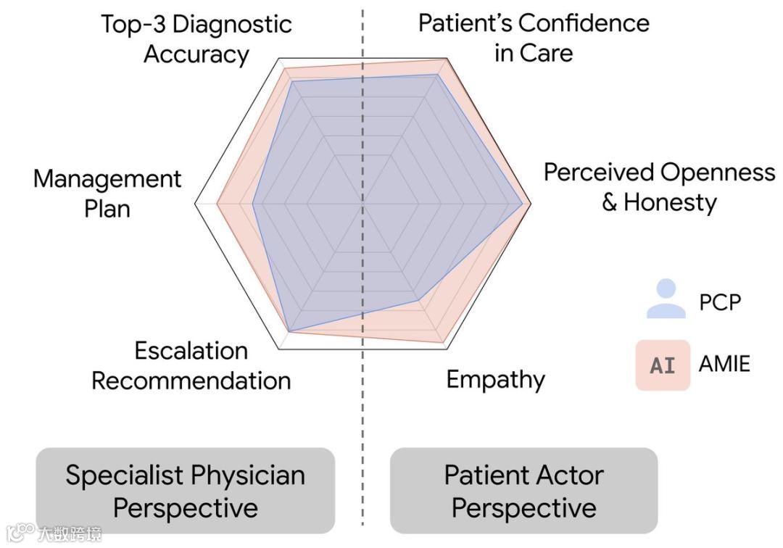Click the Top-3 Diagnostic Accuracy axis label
tap(196, 39)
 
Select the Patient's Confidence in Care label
tap(534, 38)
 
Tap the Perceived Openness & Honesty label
tap(659, 187)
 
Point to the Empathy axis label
tap(495, 379)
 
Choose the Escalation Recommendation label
tap(191, 365)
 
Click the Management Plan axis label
tap(107, 194)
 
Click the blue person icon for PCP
tap(666, 299)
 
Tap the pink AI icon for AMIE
tap(663, 365)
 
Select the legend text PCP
tap(720, 302)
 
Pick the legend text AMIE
tap(724, 363)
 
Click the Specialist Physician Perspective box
tap(186, 491)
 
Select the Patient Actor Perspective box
tap(523, 491)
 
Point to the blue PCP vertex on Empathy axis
tap(419, 299)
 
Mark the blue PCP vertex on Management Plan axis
tap(252, 204)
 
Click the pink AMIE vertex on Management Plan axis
tap(217, 204)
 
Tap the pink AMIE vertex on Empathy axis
tap(444, 343)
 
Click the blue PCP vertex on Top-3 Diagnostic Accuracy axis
tap(291, 81)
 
